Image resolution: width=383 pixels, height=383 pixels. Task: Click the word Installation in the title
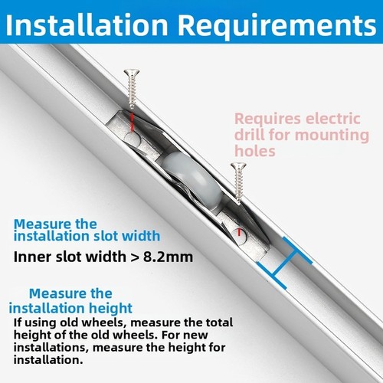(x=87, y=25)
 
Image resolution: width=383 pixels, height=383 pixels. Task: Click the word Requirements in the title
(x=277, y=25)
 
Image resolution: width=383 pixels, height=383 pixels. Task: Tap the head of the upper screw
(x=132, y=73)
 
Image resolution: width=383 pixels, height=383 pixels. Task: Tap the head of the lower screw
(x=238, y=166)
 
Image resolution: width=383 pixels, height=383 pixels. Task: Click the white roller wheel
(x=190, y=178)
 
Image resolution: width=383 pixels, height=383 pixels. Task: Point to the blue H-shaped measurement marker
(x=284, y=263)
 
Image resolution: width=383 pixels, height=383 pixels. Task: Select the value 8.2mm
(x=168, y=257)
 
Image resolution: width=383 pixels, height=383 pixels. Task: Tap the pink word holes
(x=255, y=150)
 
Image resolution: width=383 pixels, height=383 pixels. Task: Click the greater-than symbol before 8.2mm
(x=134, y=257)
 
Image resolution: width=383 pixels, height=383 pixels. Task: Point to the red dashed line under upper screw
(x=132, y=122)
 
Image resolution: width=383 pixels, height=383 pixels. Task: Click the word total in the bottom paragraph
(x=220, y=322)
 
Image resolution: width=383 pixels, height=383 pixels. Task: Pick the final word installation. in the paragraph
(x=48, y=360)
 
